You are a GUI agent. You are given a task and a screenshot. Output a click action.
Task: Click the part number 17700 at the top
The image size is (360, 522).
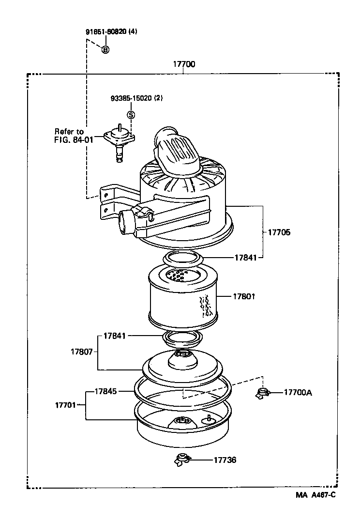click(183, 64)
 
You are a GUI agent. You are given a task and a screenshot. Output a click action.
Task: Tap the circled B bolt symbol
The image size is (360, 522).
click(105, 49)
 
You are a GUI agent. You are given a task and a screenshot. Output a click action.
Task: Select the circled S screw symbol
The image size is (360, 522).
click(131, 115)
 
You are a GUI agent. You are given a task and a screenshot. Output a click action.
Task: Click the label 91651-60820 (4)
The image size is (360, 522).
click(111, 32)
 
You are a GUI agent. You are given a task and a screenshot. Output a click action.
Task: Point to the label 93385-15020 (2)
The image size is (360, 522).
click(136, 98)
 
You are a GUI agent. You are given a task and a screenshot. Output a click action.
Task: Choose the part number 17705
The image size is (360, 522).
click(279, 232)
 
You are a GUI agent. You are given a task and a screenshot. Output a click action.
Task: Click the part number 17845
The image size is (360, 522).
click(105, 390)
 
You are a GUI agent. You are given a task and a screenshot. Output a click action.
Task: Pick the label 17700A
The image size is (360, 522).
click(298, 392)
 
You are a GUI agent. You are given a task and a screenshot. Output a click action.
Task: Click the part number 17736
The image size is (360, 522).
click(225, 460)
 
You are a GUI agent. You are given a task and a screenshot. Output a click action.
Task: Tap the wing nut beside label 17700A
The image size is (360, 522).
click(262, 393)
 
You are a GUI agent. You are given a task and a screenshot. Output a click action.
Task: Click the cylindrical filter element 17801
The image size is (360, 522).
click(183, 298)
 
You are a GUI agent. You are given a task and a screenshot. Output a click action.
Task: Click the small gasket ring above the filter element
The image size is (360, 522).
click(182, 258)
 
